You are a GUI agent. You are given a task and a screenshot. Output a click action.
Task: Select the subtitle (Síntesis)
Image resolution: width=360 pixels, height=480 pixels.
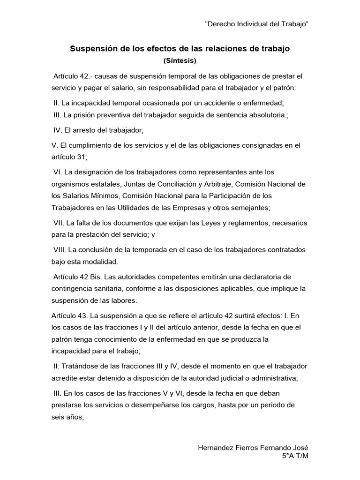click(x=180, y=60)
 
